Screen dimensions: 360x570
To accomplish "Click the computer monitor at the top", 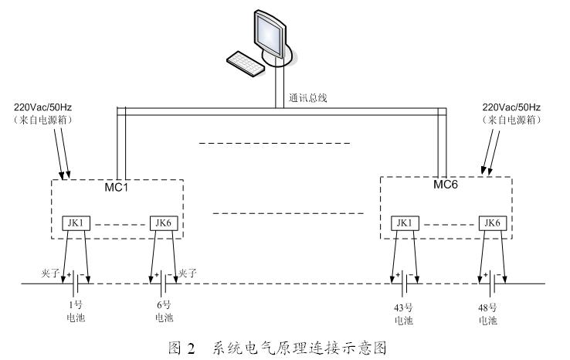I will (271, 35).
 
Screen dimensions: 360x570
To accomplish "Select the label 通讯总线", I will (307, 98).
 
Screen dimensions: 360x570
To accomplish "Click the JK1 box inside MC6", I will (403, 223).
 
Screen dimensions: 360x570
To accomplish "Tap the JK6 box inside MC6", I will (489, 223).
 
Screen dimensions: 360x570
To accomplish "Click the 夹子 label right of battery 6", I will (188, 272).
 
